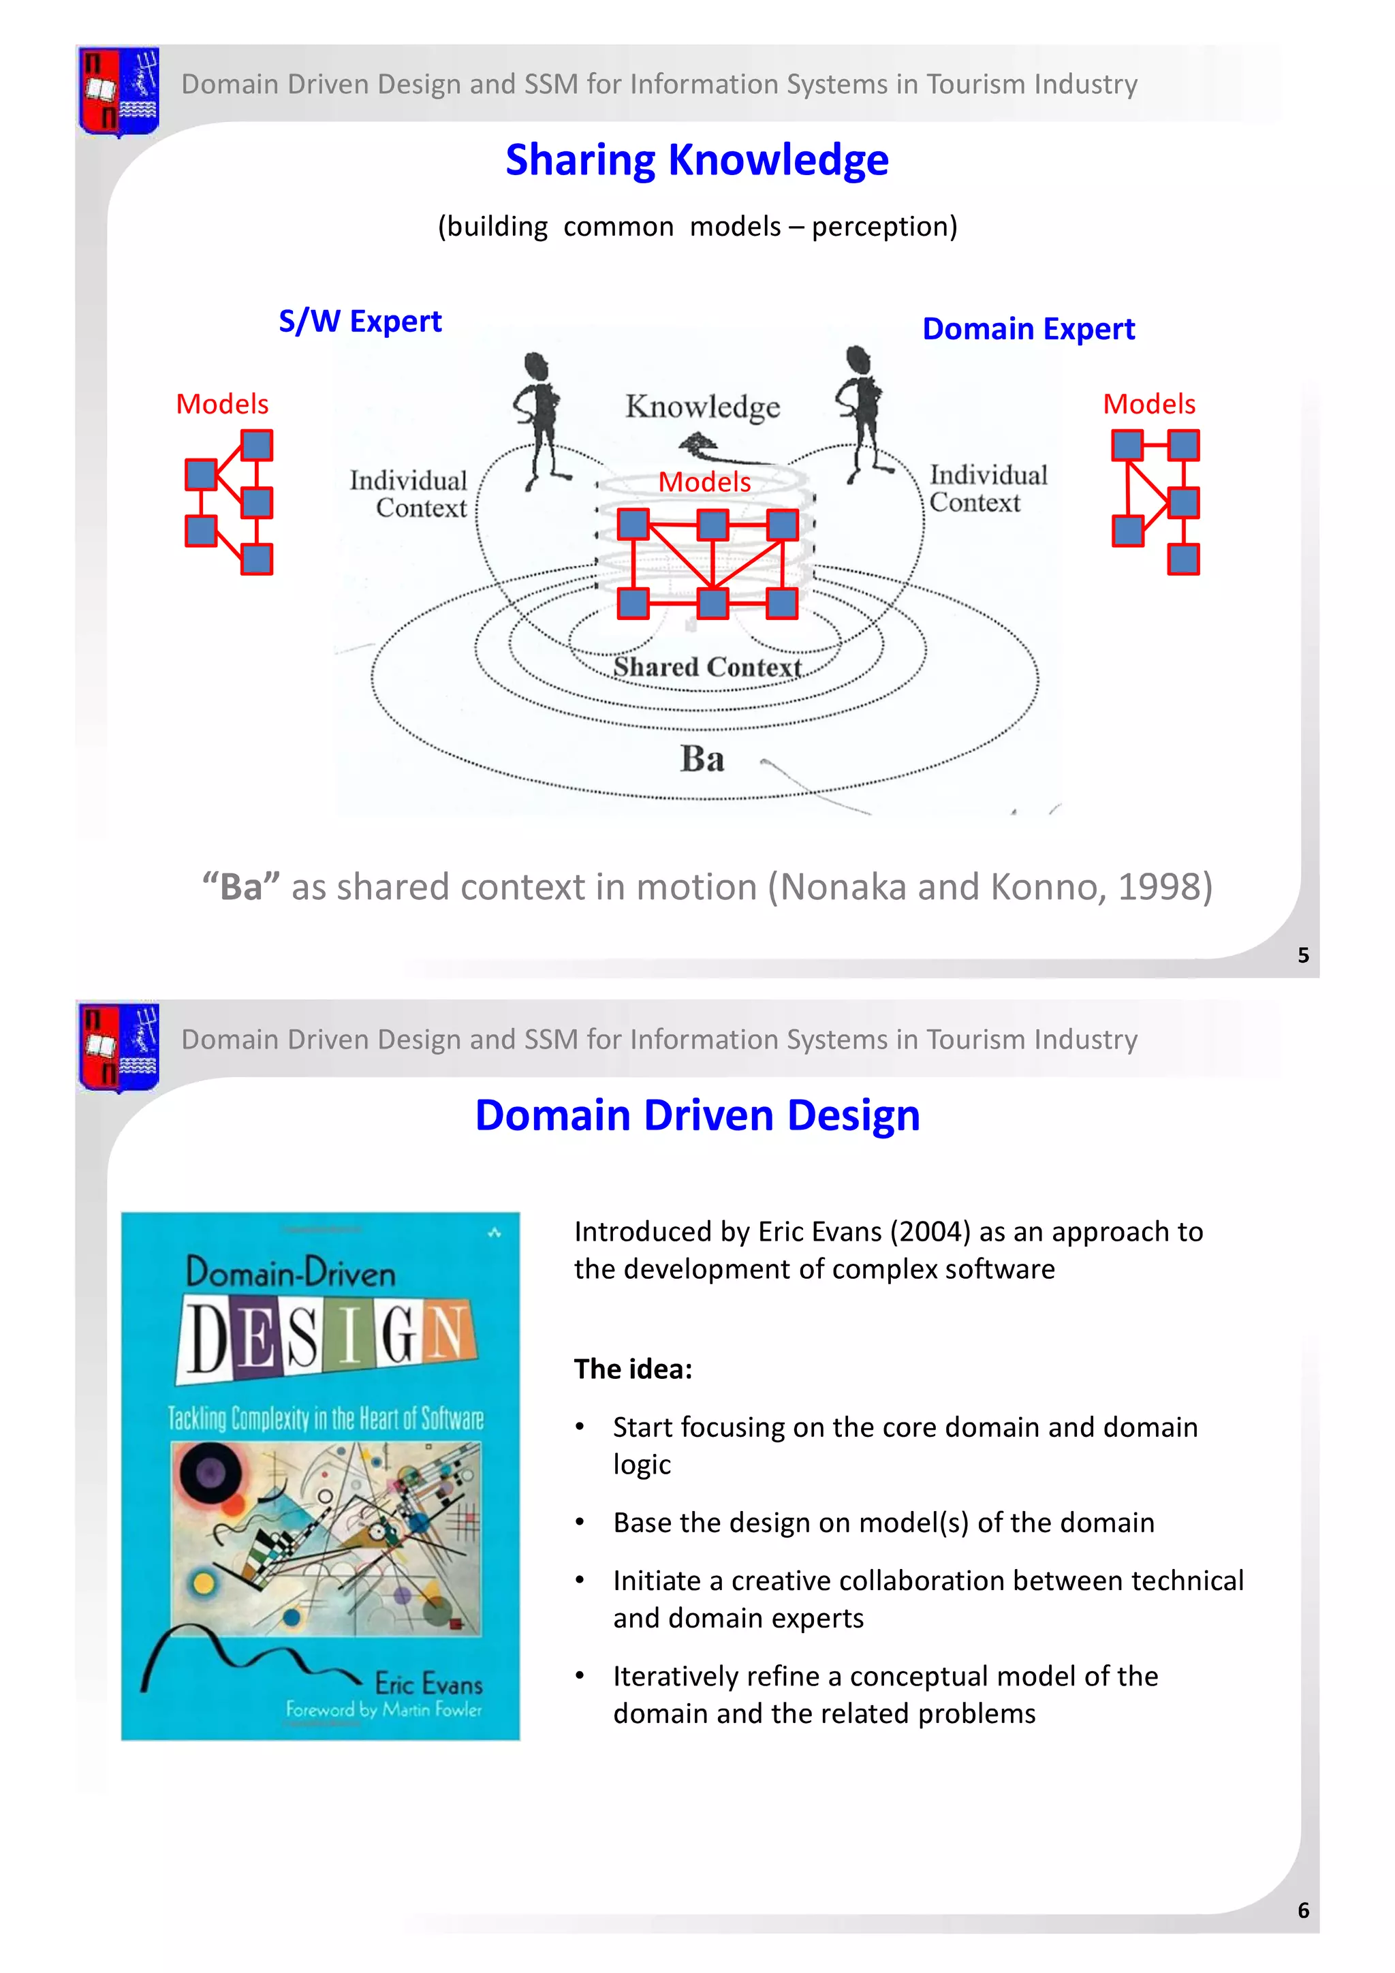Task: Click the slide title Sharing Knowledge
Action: [x=697, y=161]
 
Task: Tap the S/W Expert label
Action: [x=360, y=322]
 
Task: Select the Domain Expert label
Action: [x=1029, y=329]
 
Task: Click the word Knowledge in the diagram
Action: [x=703, y=407]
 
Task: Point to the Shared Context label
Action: [x=707, y=667]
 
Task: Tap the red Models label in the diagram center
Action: [x=704, y=482]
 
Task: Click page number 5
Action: [x=1303, y=956]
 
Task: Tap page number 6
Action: [x=1303, y=1910]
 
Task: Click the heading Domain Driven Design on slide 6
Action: [x=697, y=1115]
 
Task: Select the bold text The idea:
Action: [x=633, y=1369]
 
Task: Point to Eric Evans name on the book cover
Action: [x=428, y=1683]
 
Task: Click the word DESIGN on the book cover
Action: [x=327, y=1337]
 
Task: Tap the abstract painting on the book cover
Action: [x=326, y=1538]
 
